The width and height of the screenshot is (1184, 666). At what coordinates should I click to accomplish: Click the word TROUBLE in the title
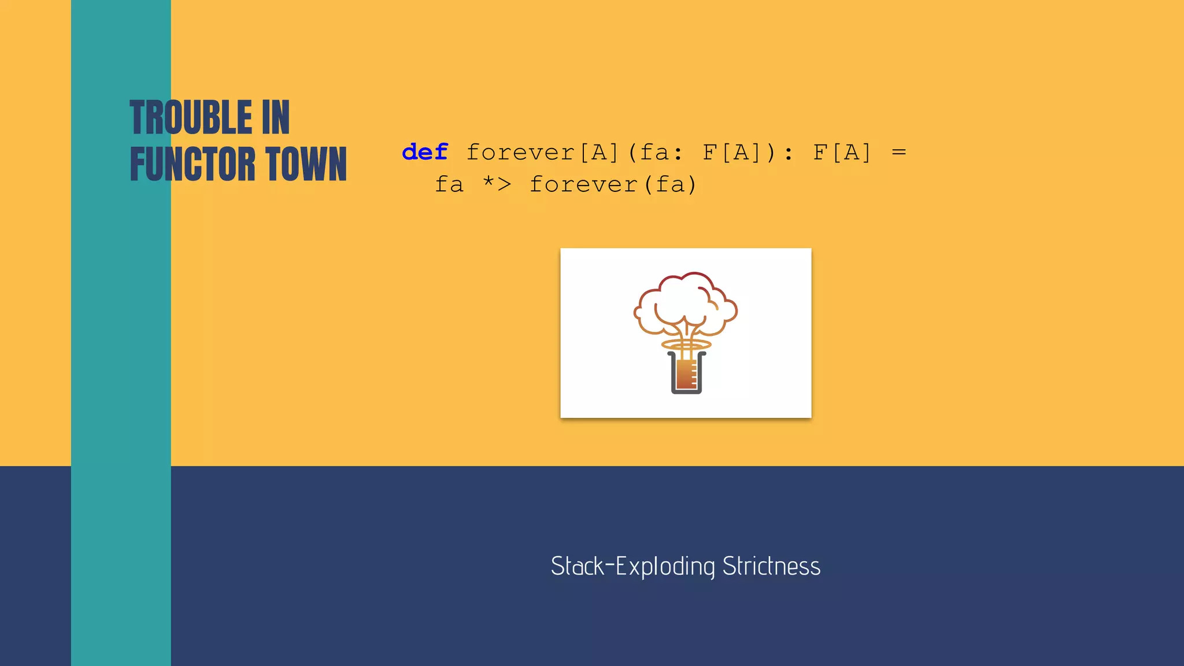(x=191, y=117)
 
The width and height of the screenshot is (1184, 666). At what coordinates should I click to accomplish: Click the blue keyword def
(x=425, y=153)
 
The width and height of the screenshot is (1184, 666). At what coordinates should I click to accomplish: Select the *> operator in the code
(x=497, y=184)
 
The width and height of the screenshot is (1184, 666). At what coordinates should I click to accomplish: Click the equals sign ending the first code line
(x=898, y=153)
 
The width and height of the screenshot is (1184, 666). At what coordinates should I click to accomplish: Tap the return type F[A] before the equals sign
(x=842, y=153)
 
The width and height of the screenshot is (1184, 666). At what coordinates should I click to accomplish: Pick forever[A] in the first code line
(x=542, y=153)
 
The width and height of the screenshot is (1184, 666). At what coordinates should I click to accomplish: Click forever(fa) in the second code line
(x=613, y=184)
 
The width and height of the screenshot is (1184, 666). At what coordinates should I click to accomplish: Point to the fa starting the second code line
(x=449, y=184)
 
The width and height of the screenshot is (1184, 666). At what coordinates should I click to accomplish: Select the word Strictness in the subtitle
(x=771, y=566)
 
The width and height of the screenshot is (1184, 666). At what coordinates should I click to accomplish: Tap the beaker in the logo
(x=686, y=373)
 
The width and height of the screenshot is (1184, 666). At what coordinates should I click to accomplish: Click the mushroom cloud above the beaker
(x=686, y=303)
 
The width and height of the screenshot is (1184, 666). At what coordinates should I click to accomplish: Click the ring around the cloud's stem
(x=686, y=345)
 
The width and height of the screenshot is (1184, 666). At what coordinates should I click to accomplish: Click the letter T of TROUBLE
(x=139, y=117)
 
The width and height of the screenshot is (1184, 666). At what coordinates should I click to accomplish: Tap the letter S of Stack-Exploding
(x=557, y=566)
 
